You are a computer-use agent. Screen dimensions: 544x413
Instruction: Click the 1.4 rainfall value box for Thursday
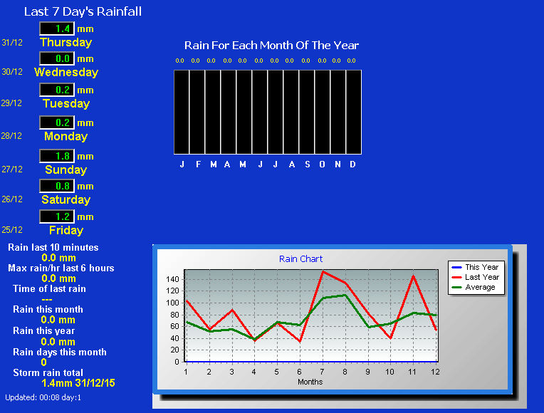tap(57, 28)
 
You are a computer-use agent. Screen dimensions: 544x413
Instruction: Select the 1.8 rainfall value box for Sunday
tap(57, 156)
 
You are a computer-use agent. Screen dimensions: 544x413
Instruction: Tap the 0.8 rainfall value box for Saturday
tap(57, 186)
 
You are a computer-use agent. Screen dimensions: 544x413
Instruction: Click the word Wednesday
tap(66, 72)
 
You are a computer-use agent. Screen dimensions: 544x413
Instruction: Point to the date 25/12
tap(12, 230)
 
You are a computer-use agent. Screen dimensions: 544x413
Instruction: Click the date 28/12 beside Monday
tap(11, 136)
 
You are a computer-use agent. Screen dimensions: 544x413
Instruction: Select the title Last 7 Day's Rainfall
tap(83, 11)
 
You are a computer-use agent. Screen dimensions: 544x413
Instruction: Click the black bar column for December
tap(354, 112)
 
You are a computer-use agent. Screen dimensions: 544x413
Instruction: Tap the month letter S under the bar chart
tap(308, 164)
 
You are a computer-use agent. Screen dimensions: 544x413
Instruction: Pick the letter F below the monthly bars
tap(198, 164)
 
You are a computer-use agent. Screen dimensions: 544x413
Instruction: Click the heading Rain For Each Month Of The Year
tap(271, 45)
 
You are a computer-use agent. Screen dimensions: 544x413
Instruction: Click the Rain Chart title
tap(300, 259)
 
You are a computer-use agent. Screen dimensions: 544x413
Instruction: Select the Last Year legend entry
tap(476, 277)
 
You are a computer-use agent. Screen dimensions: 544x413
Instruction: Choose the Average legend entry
tap(474, 287)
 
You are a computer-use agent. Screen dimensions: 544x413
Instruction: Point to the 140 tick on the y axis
tap(172, 279)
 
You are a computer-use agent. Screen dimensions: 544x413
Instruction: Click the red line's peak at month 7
tap(323, 271)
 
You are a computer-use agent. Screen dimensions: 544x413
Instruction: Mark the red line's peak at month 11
tap(413, 276)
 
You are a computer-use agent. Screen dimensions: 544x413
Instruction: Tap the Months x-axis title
tap(310, 382)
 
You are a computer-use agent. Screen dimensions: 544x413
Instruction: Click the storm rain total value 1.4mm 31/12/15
tap(78, 383)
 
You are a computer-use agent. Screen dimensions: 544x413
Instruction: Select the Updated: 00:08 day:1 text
tap(43, 397)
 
